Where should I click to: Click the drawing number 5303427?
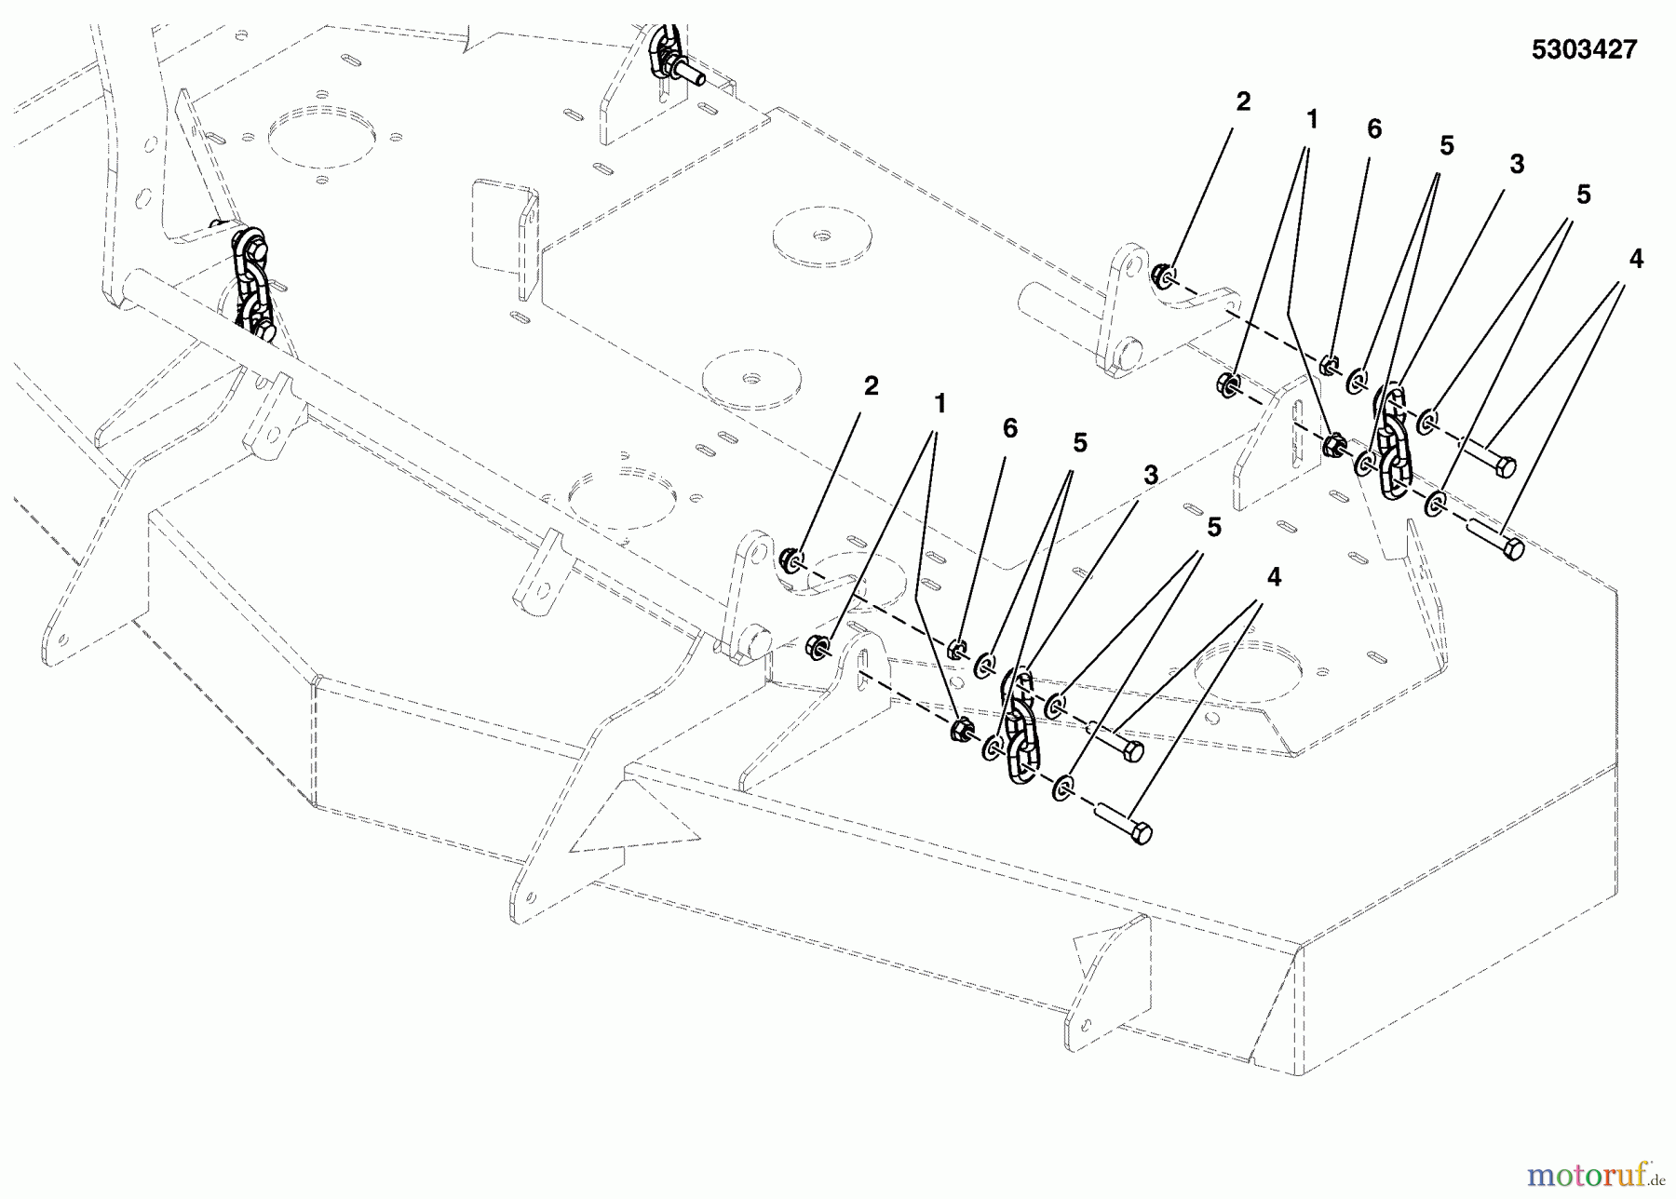pos(1583,50)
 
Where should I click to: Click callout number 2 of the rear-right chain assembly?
pos(1243,103)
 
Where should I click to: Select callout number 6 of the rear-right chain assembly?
pos(1374,130)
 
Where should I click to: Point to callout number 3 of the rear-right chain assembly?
pos(1516,166)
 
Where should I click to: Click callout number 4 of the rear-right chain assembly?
pos(1635,261)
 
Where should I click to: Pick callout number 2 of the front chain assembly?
pos(871,386)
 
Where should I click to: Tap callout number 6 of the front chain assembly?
pos(1009,429)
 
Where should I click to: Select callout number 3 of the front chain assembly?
pos(1150,476)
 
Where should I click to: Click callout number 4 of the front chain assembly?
pos(1273,578)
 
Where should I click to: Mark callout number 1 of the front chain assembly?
pos(939,404)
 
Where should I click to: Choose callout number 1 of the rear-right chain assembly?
pos(1311,120)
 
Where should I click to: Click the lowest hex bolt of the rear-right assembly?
pos(1495,539)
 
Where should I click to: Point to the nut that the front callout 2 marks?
pos(791,559)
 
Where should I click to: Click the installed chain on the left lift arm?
pos(252,284)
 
